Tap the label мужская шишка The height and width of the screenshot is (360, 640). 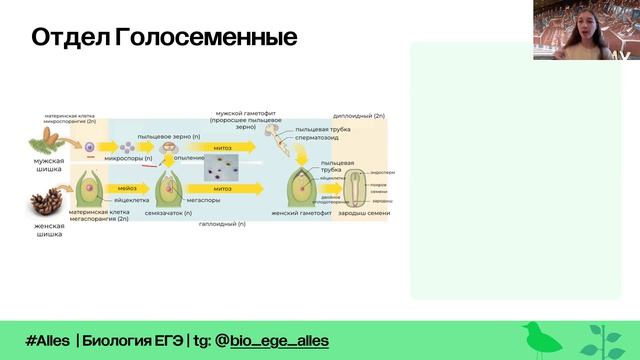[x=50, y=164]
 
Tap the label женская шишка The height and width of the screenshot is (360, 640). [x=50, y=230]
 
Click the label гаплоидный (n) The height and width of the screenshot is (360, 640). [x=221, y=224]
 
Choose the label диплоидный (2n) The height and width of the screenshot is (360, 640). [x=359, y=116]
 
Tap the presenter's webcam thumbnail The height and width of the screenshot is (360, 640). [x=586, y=30]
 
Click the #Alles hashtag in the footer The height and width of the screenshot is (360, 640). [x=47, y=341]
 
